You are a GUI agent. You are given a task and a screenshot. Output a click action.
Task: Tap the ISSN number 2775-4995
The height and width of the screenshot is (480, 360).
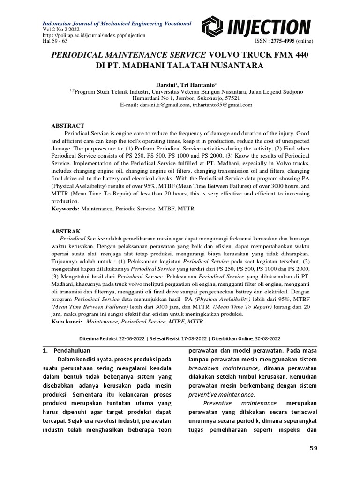coord(283,41)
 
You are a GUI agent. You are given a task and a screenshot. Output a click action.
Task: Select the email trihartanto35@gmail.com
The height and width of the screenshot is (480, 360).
coord(222,105)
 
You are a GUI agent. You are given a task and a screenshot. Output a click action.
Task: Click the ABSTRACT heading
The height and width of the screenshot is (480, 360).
coord(67,126)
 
